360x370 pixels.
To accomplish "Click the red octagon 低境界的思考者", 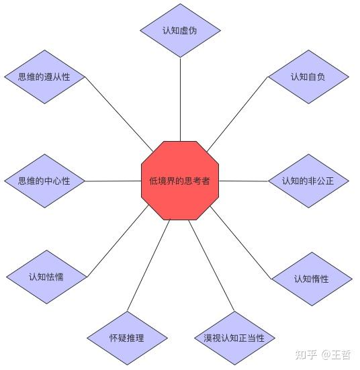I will point(180,180).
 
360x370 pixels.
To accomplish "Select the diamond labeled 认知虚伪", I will point(180,30).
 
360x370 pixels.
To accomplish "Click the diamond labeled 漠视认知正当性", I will point(234,338).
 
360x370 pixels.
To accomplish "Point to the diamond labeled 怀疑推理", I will point(127,338).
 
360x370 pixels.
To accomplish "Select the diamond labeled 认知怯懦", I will point(46,277).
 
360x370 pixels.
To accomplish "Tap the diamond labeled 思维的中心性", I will point(44,181).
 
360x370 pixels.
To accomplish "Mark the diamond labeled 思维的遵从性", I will point(44,77).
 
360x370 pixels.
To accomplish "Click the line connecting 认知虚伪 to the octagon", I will point(180,97).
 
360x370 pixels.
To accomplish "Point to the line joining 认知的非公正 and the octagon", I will point(243,181).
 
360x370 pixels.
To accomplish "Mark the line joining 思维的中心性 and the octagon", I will point(113,181).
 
